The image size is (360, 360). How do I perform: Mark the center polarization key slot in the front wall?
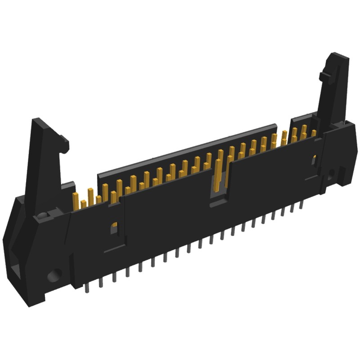219,189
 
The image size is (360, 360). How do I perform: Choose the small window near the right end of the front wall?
315,158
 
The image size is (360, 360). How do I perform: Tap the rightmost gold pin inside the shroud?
314,133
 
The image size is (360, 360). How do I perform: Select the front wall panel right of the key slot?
270,175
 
